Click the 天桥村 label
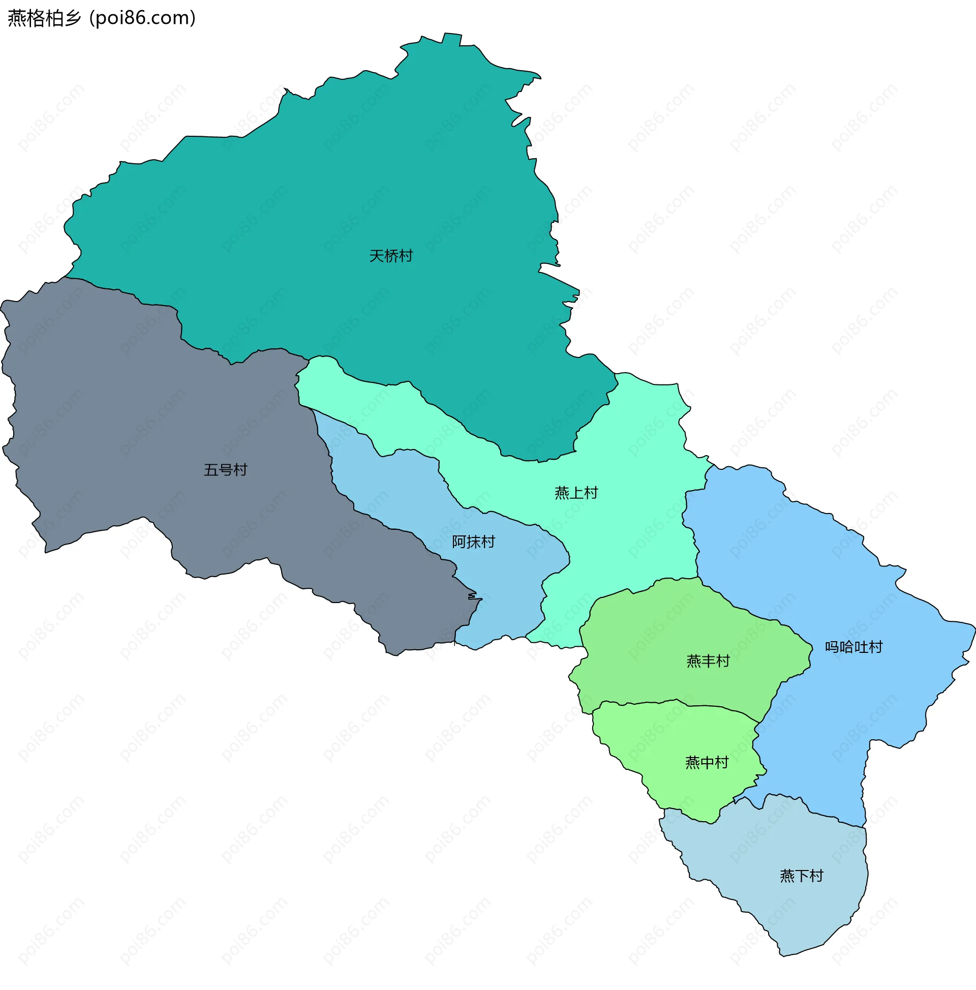391,256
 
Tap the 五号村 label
225,469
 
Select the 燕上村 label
576,492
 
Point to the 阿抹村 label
473,542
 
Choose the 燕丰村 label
708,661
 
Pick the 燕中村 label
707,763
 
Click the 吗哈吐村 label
854,647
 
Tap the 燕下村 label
802,876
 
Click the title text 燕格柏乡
45,18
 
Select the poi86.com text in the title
142,18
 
